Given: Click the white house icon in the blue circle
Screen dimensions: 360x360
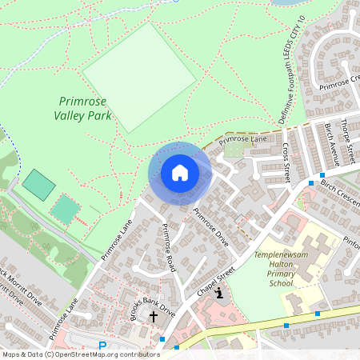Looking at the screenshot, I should point(180,173).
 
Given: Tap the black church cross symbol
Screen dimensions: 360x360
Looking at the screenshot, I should point(154,317).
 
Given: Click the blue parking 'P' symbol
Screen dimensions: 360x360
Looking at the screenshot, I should point(102,346).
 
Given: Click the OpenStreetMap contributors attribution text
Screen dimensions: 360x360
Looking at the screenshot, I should point(80,354).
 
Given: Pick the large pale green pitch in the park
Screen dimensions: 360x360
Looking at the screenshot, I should point(139,76).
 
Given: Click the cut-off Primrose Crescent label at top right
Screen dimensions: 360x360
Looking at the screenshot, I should point(340,82).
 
